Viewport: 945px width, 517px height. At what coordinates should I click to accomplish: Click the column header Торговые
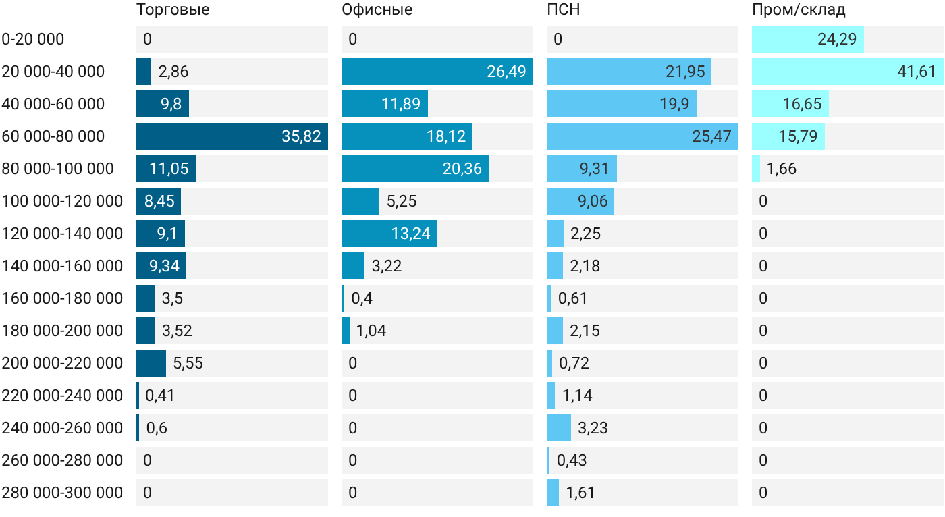[173, 10]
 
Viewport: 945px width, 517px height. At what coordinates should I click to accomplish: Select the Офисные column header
[377, 10]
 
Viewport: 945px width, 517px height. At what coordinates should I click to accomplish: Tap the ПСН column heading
[564, 9]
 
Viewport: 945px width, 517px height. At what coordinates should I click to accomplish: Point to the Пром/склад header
[799, 10]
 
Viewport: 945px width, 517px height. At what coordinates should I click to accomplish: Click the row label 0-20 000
[33, 39]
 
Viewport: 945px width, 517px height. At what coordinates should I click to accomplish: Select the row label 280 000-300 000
[62, 493]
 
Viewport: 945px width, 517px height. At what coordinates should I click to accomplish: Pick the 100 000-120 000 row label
[62, 201]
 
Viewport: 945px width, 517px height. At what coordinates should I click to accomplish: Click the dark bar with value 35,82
[232, 136]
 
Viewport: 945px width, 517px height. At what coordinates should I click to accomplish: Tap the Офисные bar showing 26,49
[437, 72]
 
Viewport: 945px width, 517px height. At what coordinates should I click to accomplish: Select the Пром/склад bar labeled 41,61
[848, 72]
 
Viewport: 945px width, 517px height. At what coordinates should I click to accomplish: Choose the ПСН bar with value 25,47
[643, 136]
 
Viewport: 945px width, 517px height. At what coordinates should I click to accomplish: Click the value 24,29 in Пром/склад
[837, 39]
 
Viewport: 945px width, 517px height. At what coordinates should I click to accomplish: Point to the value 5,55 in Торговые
[188, 363]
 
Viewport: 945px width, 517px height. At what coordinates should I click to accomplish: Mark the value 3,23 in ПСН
[593, 428]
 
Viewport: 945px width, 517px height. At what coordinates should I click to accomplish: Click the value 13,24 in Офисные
[411, 234]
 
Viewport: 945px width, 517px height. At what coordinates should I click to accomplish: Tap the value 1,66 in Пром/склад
[782, 169]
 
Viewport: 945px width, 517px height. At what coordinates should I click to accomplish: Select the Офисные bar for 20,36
[415, 169]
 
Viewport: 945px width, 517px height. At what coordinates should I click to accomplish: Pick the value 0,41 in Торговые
[160, 396]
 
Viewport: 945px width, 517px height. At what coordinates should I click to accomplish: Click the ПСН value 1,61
[580, 493]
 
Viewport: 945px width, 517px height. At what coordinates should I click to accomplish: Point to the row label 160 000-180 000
[62, 298]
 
